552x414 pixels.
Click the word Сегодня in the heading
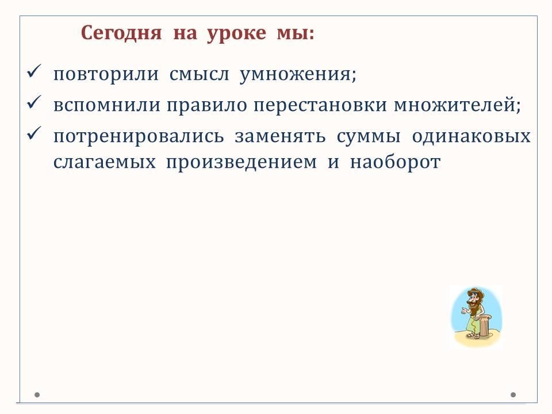tap(121, 33)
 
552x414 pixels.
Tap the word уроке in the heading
tap(236, 34)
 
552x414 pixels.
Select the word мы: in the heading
tap(296, 34)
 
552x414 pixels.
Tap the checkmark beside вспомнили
tap(34, 102)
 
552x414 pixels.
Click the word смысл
tap(200, 74)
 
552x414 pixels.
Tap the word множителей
tap(457, 105)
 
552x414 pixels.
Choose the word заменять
tap(280, 136)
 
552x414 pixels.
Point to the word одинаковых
tap(471, 136)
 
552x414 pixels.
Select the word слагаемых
tap(105, 163)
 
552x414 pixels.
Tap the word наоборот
tap(395, 162)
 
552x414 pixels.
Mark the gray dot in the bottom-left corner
tap(37, 395)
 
